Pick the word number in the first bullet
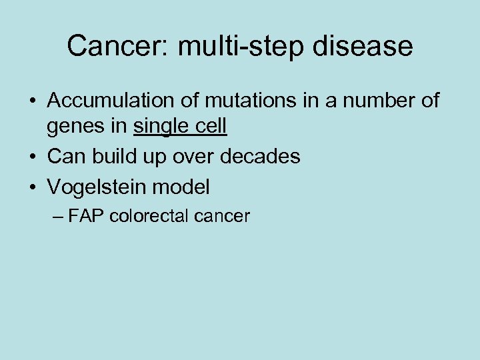[x=375, y=101]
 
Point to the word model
[x=180, y=187]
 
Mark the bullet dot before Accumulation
[x=32, y=101]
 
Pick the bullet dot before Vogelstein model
[x=32, y=187]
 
